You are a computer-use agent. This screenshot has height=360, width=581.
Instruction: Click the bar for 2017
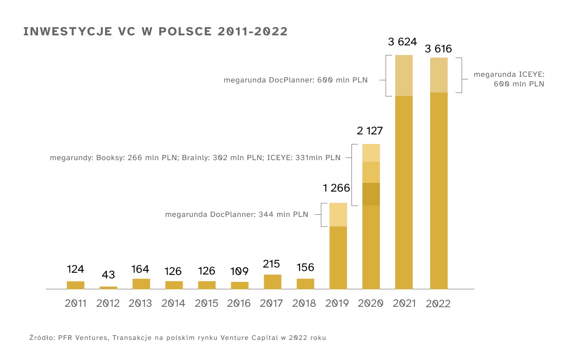(272, 282)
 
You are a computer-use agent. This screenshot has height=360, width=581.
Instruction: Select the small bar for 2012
(108, 288)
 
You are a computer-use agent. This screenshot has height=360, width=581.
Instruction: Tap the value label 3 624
(403, 42)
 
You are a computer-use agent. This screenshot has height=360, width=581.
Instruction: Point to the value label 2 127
(370, 131)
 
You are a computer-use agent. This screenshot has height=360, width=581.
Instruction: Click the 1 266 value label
(337, 188)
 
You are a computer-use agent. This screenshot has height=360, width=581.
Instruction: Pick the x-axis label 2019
(337, 303)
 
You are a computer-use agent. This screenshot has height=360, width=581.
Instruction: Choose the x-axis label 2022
(438, 304)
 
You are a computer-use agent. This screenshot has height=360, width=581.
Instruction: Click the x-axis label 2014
(174, 303)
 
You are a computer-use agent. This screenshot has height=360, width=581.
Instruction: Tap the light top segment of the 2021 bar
(404, 75)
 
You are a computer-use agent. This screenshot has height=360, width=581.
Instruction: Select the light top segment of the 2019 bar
(338, 215)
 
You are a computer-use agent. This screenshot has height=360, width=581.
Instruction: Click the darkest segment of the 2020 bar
(371, 194)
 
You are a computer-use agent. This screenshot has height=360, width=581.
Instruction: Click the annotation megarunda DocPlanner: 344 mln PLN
(237, 215)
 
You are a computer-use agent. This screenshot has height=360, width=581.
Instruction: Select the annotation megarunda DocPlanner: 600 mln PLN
(296, 80)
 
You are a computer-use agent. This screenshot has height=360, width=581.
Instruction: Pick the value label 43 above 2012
(108, 275)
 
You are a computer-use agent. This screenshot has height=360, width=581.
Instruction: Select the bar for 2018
(305, 284)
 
